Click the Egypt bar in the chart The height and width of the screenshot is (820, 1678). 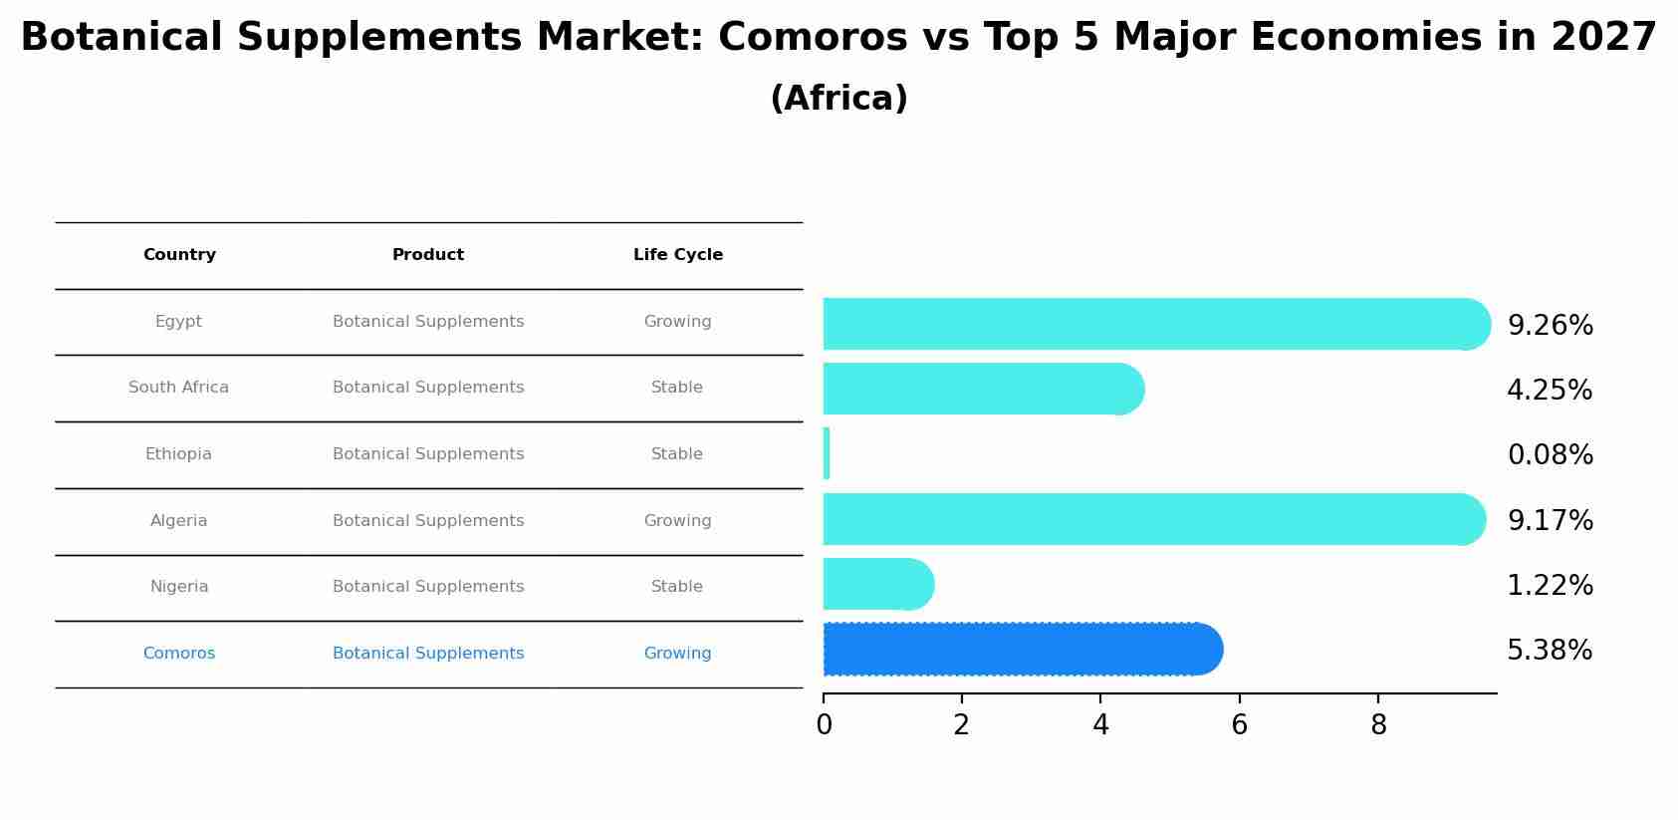pyautogui.click(x=1155, y=324)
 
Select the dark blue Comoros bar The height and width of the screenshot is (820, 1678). pyautogui.click(x=1022, y=650)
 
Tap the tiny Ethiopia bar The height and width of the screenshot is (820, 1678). pyautogui.click(x=827, y=454)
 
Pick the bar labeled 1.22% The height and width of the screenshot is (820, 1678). pyautogui.click(x=877, y=585)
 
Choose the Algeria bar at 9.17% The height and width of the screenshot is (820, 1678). pyautogui.click(x=1153, y=519)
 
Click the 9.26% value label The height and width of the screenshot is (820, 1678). pyautogui.click(x=1550, y=326)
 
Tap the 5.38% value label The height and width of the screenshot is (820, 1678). pyautogui.click(x=1550, y=651)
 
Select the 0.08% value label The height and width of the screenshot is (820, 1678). pyautogui.click(x=1550, y=455)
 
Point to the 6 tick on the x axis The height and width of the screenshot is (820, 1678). pyautogui.click(x=1239, y=725)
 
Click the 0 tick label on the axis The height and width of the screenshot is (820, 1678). pyautogui.click(x=824, y=725)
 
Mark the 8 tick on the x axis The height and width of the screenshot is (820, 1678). pyautogui.click(x=1378, y=725)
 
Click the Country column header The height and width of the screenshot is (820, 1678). pyautogui.click(x=179, y=255)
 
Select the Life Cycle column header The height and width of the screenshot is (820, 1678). pyautogui.click(x=678, y=255)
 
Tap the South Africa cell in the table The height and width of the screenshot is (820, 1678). pyautogui.click(x=178, y=388)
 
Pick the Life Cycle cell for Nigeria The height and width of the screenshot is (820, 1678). pyautogui.click(x=677, y=587)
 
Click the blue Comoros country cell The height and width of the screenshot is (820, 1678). pyautogui.click(x=179, y=654)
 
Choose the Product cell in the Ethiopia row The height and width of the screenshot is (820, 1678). pyautogui.click(x=428, y=454)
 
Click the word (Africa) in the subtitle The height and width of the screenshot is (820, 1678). pyautogui.click(x=839, y=99)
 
